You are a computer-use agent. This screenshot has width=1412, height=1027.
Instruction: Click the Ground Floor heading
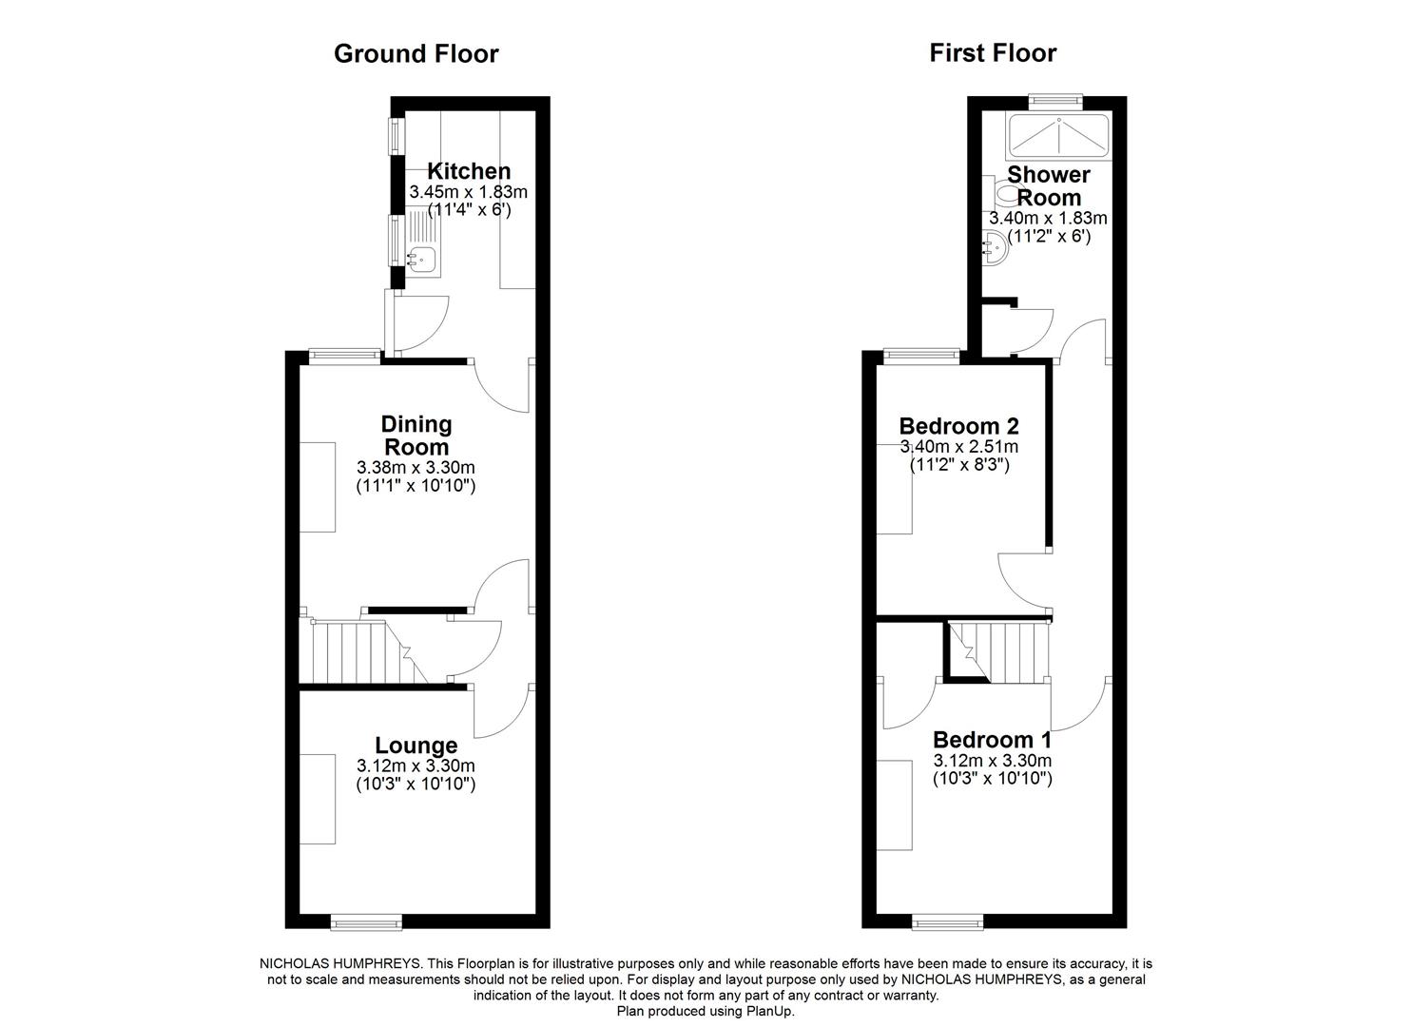(x=416, y=54)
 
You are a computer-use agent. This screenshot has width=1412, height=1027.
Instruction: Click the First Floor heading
(x=992, y=53)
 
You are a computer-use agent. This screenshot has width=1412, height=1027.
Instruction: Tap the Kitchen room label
(x=468, y=171)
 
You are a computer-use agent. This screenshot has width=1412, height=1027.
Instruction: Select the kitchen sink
(x=421, y=257)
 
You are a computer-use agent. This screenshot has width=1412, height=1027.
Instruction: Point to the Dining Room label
(x=416, y=435)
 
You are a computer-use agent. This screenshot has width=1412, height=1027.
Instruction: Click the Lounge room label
(x=416, y=746)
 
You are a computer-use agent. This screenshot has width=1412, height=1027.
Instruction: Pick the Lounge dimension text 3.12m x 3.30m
(x=416, y=765)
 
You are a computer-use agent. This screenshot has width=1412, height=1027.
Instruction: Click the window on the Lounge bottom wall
(x=366, y=920)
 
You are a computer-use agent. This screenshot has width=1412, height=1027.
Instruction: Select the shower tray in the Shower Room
(x=1057, y=136)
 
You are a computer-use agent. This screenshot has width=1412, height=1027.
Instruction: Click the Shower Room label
(x=1049, y=185)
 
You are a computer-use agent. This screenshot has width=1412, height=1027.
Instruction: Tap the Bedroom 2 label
(x=958, y=425)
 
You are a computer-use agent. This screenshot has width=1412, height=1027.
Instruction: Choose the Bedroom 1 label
(x=992, y=740)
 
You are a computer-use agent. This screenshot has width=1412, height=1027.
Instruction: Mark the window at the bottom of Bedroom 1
(x=947, y=920)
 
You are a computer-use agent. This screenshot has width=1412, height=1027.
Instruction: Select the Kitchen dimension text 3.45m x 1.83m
(x=468, y=191)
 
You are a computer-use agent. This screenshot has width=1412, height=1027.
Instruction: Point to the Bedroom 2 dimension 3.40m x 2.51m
(x=958, y=446)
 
